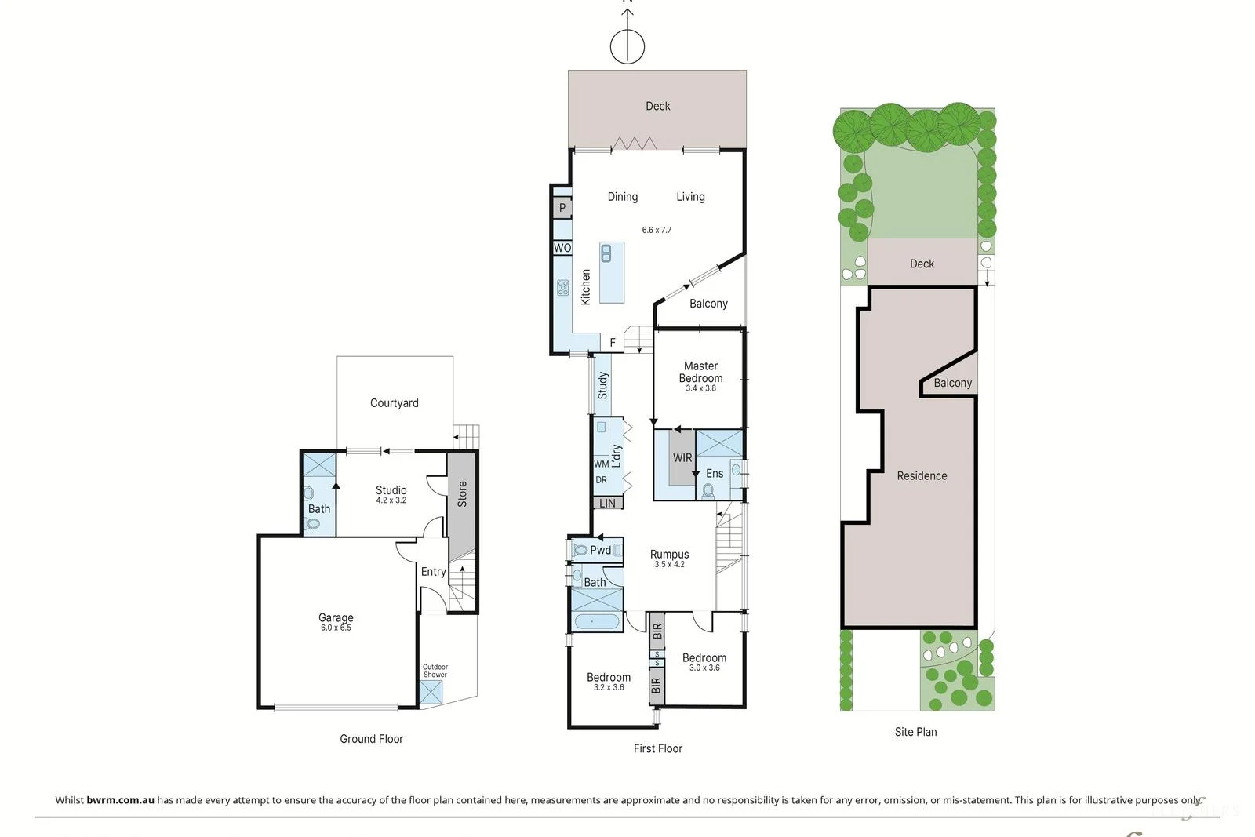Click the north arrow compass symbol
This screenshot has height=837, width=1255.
(627, 45)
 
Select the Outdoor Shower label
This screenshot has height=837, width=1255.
(435, 671)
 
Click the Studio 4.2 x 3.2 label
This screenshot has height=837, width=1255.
(391, 494)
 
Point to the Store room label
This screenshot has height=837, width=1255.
(462, 493)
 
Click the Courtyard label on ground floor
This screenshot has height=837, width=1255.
(394, 403)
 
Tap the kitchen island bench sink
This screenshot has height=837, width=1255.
(606, 253)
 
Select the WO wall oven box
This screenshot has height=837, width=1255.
(562, 248)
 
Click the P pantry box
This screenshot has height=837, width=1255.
(562, 208)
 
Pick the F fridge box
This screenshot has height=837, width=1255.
(613, 343)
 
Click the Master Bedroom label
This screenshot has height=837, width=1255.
(700, 373)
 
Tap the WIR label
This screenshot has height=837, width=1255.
(682, 458)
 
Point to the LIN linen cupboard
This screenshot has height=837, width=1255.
(607, 503)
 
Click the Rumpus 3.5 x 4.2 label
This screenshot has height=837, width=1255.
(669, 558)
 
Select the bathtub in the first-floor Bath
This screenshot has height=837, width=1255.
(595, 622)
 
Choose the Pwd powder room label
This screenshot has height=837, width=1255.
(600, 550)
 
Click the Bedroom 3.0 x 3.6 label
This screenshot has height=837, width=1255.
(704, 662)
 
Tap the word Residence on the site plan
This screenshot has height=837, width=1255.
(922, 475)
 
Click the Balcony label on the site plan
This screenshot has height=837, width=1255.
(952, 383)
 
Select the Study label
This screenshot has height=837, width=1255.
(602, 385)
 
